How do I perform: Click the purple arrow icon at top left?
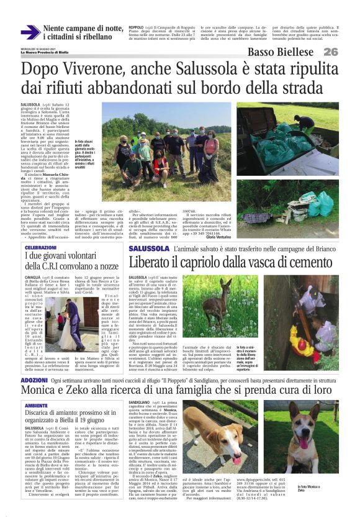coord(30,32)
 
